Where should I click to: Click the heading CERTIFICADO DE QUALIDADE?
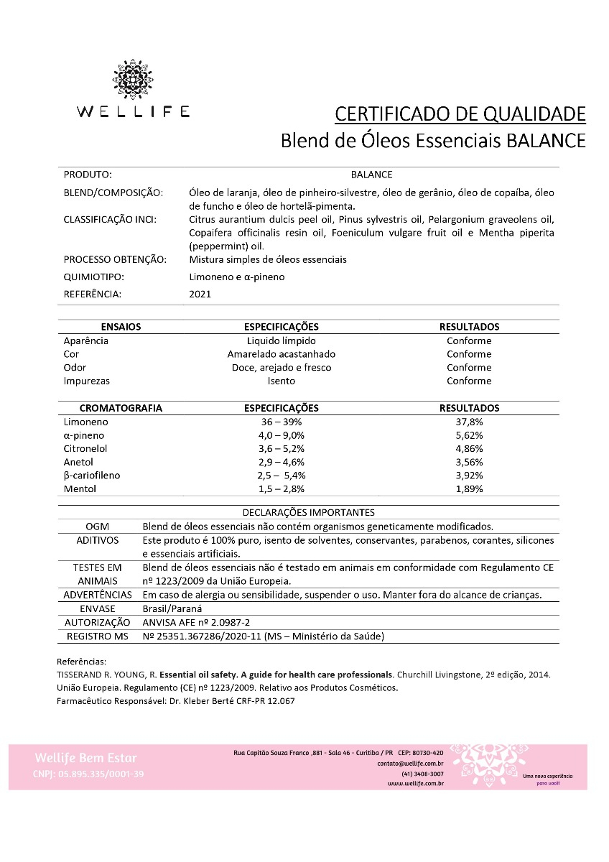click(460, 113)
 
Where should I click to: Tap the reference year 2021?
click(200, 294)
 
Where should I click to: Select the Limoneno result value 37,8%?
click(469, 422)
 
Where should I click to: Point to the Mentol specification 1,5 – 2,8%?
click(282, 489)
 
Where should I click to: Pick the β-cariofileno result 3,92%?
click(469, 476)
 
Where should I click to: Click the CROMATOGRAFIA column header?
click(121, 408)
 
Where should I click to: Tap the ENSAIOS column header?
click(121, 327)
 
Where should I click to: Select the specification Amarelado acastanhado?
click(282, 354)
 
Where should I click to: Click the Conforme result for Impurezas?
click(469, 381)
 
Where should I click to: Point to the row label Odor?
click(75, 368)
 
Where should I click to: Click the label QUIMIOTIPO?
click(93, 277)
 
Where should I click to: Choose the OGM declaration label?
click(97, 527)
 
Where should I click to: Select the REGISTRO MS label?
click(97, 636)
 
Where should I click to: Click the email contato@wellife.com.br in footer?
click(410, 764)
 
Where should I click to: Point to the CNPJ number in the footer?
click(89, 774)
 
